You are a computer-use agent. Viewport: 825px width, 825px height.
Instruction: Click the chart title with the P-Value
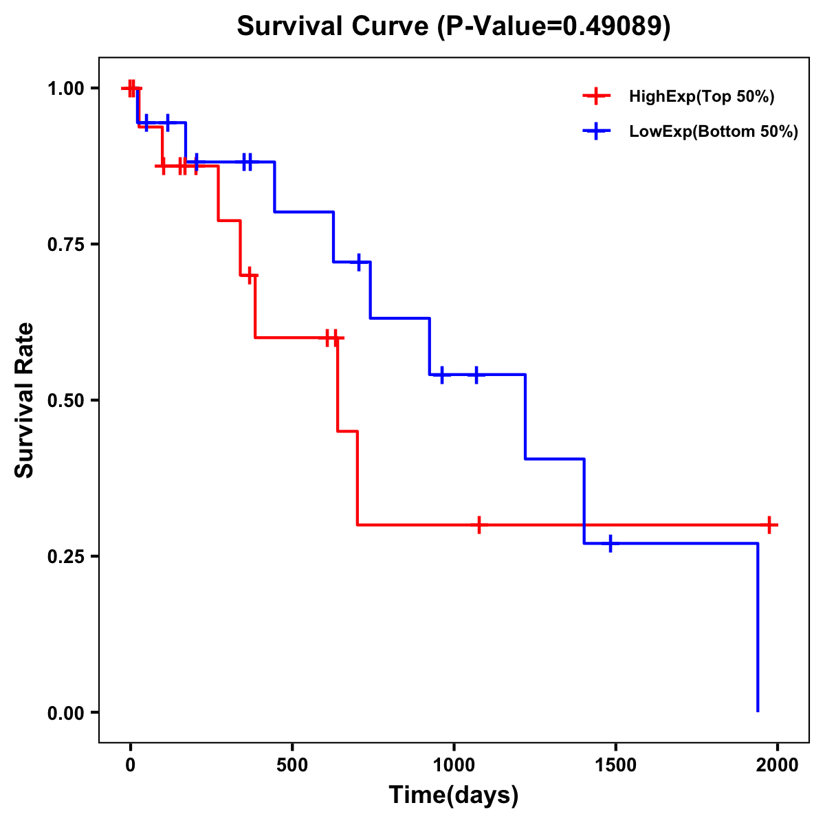(x=453, y=26)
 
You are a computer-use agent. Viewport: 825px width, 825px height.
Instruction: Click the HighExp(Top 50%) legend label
(x=701, y=97)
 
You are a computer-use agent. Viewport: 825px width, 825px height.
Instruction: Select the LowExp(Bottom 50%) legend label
(x=713, y=132)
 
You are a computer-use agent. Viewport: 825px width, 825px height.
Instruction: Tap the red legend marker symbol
(x=597, y=96)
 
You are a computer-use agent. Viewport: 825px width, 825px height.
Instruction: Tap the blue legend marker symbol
(x=597, y=131)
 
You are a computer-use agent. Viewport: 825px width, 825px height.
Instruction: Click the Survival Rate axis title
(x=25, y=400)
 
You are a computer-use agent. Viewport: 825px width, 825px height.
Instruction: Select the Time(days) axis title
(x=454, y=795)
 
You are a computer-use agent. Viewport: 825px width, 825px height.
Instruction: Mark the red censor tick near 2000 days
(x=770, y=525)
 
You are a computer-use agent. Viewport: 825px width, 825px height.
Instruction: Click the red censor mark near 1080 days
(x=479, y=525)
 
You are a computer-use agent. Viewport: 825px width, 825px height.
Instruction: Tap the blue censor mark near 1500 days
(x=610, y=543)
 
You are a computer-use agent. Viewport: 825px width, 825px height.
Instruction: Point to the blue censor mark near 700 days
(x=359, y=262)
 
